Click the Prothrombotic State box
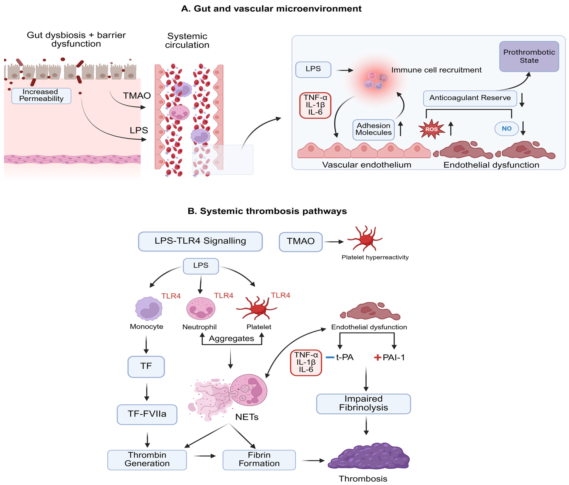coord(529,57)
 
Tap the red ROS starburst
coord(431,129)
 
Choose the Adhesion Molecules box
coord(373,129)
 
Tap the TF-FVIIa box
coord(147,414)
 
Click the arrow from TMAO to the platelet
coord(334,242)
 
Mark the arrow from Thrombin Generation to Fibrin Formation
coord(205,456)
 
